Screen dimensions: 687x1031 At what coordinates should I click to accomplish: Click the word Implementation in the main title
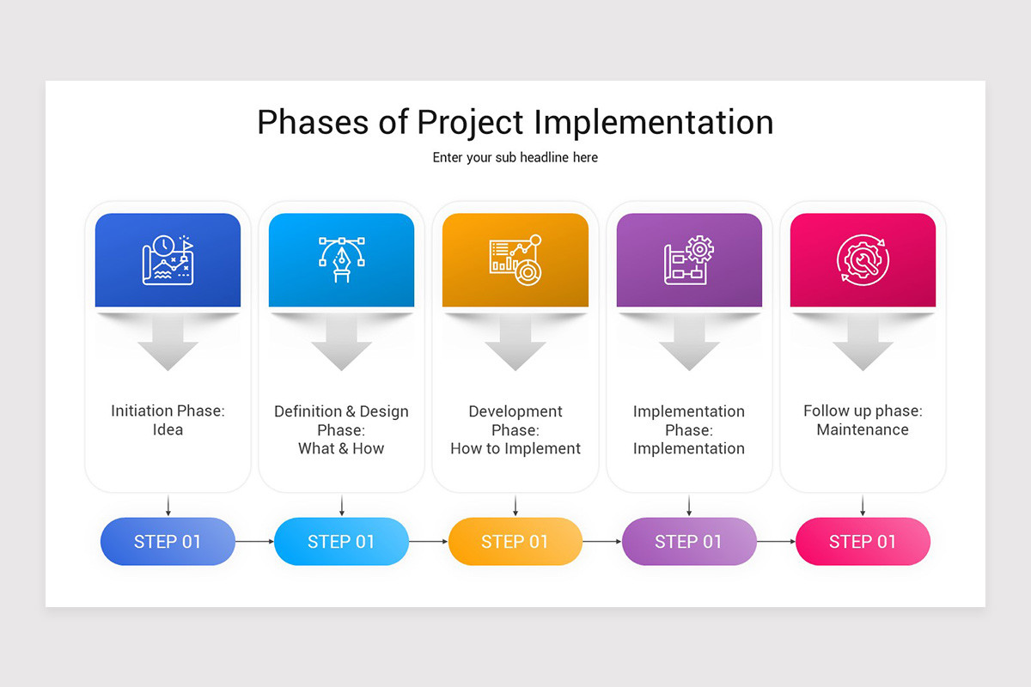(654, 122)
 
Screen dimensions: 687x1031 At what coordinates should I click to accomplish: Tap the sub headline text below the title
(515, 158)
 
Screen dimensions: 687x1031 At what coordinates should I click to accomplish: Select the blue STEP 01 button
(168, 542)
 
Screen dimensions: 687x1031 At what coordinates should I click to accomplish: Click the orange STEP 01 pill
(515, 542)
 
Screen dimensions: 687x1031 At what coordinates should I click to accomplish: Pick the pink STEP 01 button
(863, 542)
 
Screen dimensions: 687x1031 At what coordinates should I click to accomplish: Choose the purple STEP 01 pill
(688, 542)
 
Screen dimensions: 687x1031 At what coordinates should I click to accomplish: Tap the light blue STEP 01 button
(341, 542)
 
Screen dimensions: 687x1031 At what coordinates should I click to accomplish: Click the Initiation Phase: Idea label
(168, 421)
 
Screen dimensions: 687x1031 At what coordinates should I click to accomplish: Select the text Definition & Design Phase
(341, 420)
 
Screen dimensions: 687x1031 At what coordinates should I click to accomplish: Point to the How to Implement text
(515, 448)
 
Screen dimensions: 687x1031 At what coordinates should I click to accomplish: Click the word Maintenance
(863, 429)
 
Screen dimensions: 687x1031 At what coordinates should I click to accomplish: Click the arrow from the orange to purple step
(601, 542)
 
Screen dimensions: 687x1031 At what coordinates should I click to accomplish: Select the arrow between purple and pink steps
(776, 542)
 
